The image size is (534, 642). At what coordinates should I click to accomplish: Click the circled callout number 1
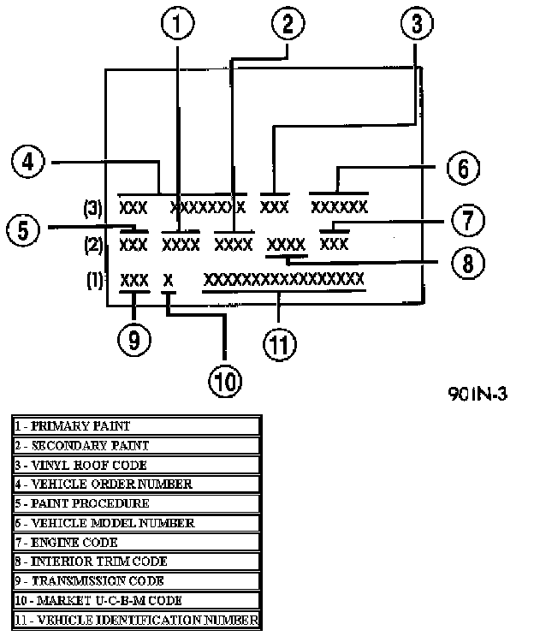(177, 23)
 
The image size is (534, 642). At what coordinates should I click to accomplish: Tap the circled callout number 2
(288, 23)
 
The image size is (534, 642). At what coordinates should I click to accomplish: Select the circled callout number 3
(417, 23)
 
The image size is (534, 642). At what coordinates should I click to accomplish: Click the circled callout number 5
(23, 229)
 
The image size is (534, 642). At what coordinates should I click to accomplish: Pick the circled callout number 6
(463, 168)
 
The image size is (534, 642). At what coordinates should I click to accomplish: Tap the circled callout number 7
(468, 220)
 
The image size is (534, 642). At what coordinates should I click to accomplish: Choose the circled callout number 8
(468, 263)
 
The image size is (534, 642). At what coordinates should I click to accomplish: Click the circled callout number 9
(134, 340)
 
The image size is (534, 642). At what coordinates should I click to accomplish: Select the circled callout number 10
(225, 381)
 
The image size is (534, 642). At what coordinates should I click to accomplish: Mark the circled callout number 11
(280, 344)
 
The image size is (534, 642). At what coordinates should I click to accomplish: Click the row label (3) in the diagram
(93, 208)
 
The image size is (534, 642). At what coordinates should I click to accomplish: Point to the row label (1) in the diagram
(94, 281)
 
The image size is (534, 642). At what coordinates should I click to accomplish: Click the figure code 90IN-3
(478, 394)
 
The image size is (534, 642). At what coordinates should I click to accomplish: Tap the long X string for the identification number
(283, 279)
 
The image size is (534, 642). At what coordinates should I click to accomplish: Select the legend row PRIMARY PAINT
(137, 425)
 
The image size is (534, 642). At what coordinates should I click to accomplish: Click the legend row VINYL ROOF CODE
(137, 465)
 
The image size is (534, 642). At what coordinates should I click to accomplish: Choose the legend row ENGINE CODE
(137, 543)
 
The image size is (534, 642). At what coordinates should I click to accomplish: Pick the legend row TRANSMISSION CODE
(137, 581)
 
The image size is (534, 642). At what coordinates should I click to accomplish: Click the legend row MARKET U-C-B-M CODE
(137, 601)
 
